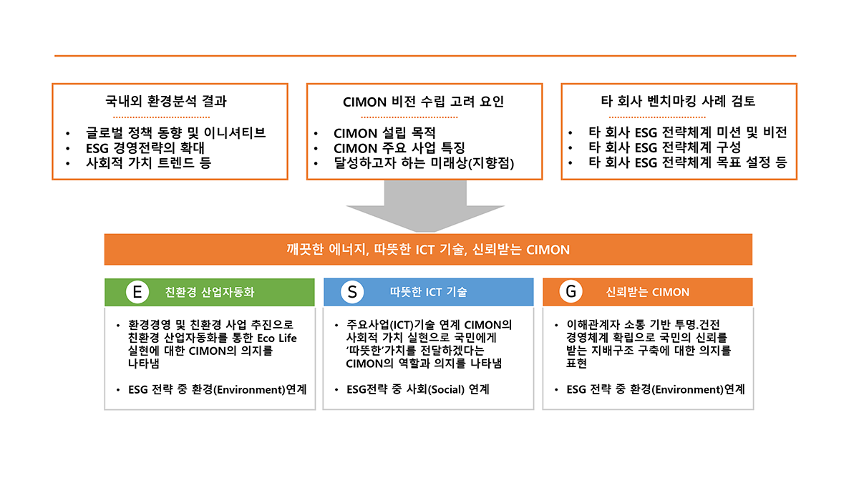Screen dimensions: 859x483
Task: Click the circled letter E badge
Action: (x=137, y=292)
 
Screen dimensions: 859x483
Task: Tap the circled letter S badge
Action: (x=352, y=292)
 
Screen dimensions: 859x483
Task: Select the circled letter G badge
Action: (x=571, y=292)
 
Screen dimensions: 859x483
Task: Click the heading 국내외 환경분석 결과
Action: (x=166, y=101)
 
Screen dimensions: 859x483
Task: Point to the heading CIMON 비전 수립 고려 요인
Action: (x=423, y=102)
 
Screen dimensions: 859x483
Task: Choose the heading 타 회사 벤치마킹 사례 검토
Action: (x=678, y=101)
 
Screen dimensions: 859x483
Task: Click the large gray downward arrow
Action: (x=425, y=206)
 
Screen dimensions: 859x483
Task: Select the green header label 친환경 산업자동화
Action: (x=209, y=292)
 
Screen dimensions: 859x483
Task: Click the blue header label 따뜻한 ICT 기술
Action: (x=428, y=292)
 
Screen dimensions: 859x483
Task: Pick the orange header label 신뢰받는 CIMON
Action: (x=648, y=292)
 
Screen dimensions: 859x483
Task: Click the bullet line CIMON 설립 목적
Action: (x=384, y=133)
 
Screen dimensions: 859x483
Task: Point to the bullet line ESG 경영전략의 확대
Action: (x=145, y=148)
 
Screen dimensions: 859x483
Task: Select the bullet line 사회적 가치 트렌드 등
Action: (x=148, y=163)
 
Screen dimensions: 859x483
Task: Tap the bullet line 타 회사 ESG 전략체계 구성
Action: (x=664, y=147)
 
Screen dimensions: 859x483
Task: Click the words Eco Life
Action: (x=277, y=338)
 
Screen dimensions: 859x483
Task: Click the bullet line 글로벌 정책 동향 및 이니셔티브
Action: (x=175, y=132)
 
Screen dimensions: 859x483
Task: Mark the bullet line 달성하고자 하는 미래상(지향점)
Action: (x=424, y=163)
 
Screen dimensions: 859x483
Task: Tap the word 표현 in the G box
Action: (x=576, y=363)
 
